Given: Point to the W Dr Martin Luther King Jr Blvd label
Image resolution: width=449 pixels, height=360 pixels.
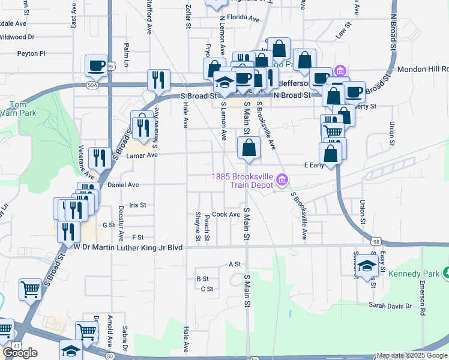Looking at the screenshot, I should pyautogui.click(x=128, y=246).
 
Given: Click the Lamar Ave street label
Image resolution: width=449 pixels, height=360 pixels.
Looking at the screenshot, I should pyautogui.click(x=141, y=155).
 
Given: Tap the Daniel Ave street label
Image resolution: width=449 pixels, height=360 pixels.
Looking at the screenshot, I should pyautogui.click(x=123, y=185).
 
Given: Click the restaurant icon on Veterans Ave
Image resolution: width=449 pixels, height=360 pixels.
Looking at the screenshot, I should pyautogui.click(x=98, y=158).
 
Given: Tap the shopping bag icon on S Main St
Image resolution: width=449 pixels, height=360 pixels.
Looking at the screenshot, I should pyautogui.click(x=248, y=148).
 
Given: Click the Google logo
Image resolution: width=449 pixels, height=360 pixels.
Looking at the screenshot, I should pyautogui.click(x=20, y=353).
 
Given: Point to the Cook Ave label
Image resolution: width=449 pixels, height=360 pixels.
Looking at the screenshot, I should pyautogui.click(x=226, y=214).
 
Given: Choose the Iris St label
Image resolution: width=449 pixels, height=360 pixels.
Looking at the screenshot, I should pyautogui.click(x=138, y=205).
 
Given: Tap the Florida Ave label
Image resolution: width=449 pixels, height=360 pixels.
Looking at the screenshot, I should pyautogui.click(x=246, y=19).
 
